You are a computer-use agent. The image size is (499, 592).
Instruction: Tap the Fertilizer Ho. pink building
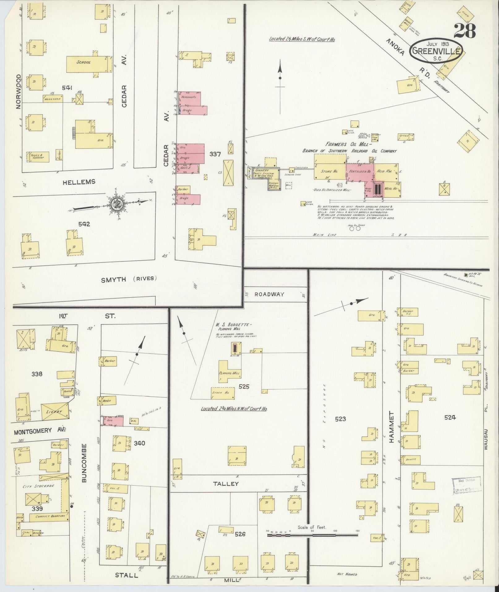[359, 171]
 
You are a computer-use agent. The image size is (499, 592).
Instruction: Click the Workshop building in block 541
[53, 99]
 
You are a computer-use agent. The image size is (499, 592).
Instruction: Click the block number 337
[214, 154]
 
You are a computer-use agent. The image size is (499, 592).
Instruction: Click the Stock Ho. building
[222, 393]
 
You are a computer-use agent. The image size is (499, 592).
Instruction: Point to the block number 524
[450, 417]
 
